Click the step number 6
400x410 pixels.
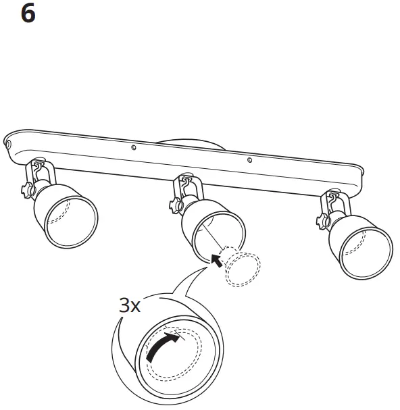(28, 14)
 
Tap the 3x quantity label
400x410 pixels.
(129, 305)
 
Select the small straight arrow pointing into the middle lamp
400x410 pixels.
(216, 259)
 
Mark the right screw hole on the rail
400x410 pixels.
(249, 160)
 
